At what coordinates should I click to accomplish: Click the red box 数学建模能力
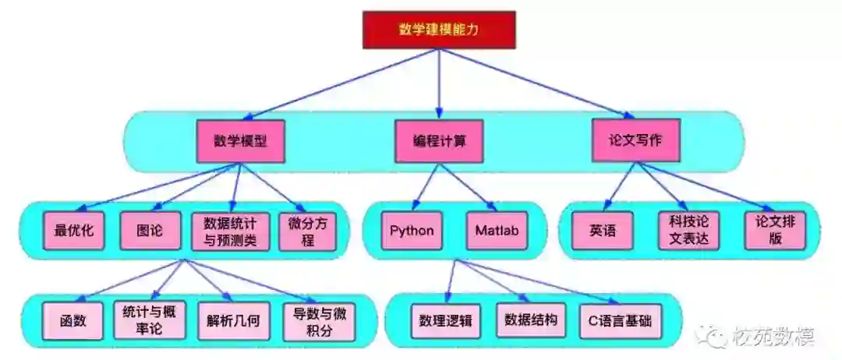[x=438, y=30]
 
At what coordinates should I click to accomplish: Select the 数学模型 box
[x=240, y=141]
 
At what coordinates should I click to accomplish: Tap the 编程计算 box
[x=440, y=141]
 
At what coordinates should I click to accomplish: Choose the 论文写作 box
[x=635, y=140]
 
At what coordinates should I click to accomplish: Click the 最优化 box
[x=74, y=231]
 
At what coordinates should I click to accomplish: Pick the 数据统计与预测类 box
[x=230, y=231]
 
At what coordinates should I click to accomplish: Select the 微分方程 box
[x=307, y=231]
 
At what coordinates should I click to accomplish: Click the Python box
[x=412, y=231]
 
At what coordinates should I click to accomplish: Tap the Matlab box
[x=497, y=231]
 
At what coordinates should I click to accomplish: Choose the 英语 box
[x=603, y=231]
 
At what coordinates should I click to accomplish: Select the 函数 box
[x=72, y=321]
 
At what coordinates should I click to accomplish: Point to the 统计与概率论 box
[x=149, y=320]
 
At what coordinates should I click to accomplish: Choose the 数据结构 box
[x=531, y=321]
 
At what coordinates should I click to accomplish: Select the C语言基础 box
[x=620, y=321]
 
